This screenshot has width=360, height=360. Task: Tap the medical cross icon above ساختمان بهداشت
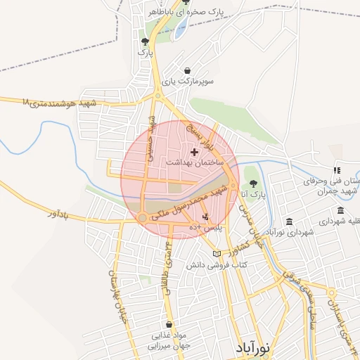[195, 152]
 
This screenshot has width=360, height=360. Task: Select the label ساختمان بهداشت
[195, 162]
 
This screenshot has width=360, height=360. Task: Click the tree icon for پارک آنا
[253, 184]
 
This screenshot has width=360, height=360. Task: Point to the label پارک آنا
[253, 195]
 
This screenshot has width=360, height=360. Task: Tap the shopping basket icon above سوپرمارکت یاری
[187, 70]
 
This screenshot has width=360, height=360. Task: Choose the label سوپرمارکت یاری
[187, 82]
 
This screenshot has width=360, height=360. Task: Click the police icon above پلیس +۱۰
[205, 217]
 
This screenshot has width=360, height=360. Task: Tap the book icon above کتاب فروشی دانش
[217, 254]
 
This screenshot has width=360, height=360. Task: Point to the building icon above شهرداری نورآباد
[290, 221]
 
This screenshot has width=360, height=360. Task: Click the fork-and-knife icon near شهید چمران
[337, 169]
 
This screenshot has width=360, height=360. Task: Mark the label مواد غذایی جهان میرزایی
[169, 341]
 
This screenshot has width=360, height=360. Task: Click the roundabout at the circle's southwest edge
[143, 219]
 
